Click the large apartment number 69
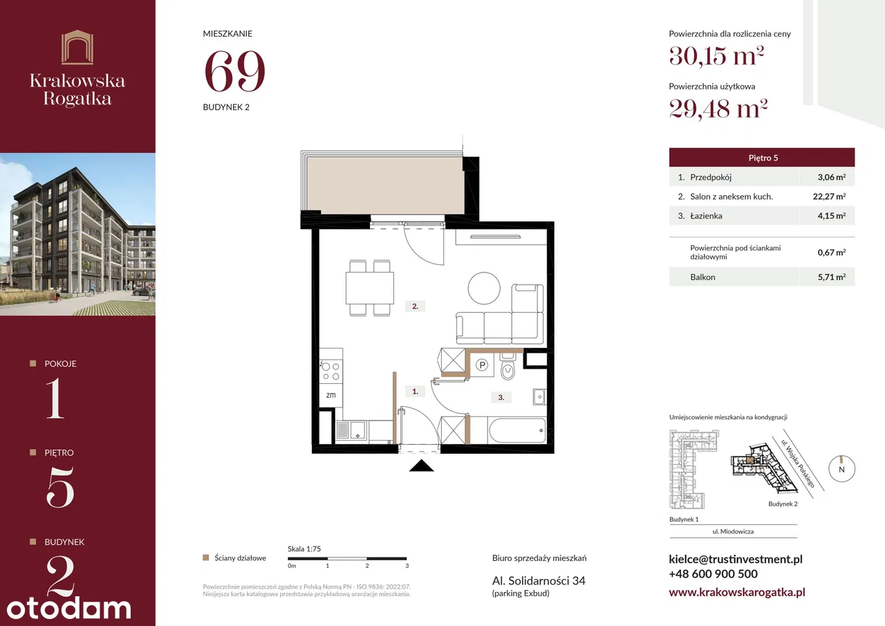234,71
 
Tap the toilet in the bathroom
507,367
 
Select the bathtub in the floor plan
517,431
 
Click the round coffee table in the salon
484,288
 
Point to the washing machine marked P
482,365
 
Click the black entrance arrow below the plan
422,466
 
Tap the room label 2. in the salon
415,306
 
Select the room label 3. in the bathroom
501,398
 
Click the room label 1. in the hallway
415,392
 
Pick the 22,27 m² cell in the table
829,196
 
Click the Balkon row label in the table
702,277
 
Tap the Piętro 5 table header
762,158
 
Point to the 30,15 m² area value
716,56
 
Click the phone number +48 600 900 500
713,574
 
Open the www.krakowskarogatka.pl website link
737,592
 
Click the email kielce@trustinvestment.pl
736,559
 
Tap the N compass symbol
841,469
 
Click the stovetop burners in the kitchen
330,371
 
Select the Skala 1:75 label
304,549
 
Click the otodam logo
69,608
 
